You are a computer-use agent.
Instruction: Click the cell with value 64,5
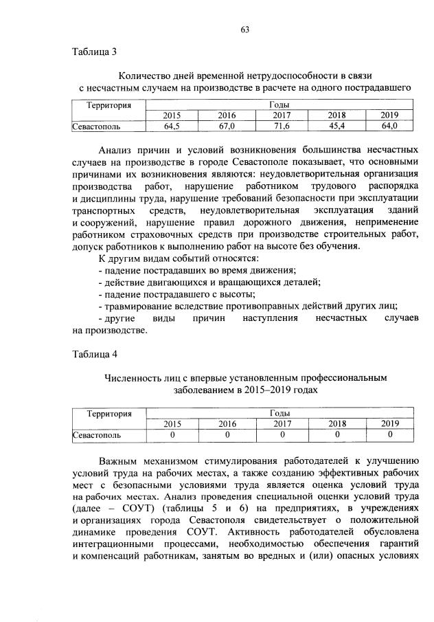[x=172, y=126]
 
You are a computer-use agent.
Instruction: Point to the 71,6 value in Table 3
[x=282, y=126]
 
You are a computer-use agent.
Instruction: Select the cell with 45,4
[x=336, y=126]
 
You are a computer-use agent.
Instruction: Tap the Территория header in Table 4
[x=108, y=414]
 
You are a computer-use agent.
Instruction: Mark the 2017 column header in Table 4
[x=282, y=424]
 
